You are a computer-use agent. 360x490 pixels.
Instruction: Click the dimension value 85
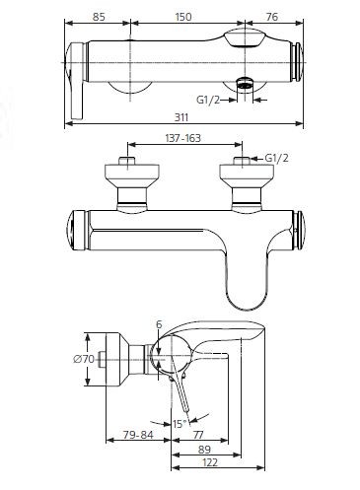(97, 16)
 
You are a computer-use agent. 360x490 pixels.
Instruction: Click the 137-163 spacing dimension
(180, 140)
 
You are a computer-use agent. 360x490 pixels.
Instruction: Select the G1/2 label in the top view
(207, 99)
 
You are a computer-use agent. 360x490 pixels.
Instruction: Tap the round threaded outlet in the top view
(244, 87)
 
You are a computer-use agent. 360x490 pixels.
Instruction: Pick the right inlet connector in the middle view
(240, 186)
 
